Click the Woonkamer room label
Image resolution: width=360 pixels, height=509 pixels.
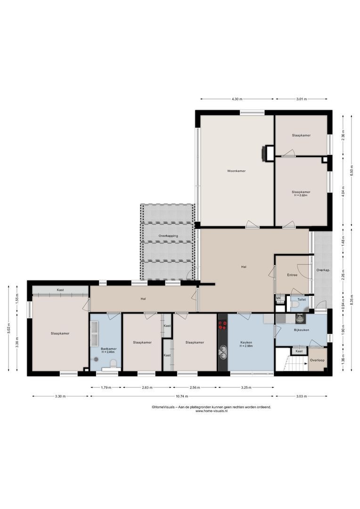(x=236, y=171)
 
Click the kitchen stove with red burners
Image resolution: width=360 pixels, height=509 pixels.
(x=222, y=325)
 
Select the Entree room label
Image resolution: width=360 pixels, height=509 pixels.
(x=292, y=275)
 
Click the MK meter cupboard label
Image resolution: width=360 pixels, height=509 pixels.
(x=278, y=298)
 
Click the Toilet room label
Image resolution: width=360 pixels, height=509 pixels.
(x=301, y=299)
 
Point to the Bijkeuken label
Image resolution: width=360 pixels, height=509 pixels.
(x=301, y=330)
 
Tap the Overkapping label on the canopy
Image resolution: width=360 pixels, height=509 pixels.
(x=168, y=235)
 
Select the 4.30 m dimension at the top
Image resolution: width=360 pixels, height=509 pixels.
(x=237, y=99)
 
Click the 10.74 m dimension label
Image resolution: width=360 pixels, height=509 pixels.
(x=182, y=396)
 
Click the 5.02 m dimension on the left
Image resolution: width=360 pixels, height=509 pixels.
(x=8, y=328)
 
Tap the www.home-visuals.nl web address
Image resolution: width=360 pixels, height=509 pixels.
(x=211, y=411)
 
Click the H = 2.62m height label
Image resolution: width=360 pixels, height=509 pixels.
(x=301, y=195)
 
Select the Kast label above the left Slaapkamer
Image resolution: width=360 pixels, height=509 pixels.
(x=60, y=290)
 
